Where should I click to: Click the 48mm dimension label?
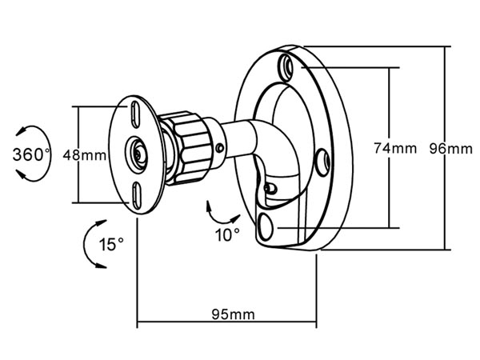[x=85, y=155]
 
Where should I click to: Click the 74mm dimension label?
[x=395, y=148]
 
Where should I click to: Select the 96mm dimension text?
[x=450, y=149]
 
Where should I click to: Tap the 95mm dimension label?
[x=234, y=314]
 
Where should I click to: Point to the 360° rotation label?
[x=31, y=154]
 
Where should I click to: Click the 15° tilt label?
[x=111, y=244]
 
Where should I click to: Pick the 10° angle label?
[x=227, y=234]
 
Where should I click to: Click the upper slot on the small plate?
[x=134, y=114]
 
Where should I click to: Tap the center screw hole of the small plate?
[x=137, y=153]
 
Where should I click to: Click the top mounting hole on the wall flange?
[x=287, y=67]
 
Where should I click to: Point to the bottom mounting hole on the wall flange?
[x=265, y=227]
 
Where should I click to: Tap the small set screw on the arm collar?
[x=220, y=149]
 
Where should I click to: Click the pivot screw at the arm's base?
[x=270, y=188]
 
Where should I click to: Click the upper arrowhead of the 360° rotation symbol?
[x=21, y=132]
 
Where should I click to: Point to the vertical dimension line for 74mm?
[x=389, y=147]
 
